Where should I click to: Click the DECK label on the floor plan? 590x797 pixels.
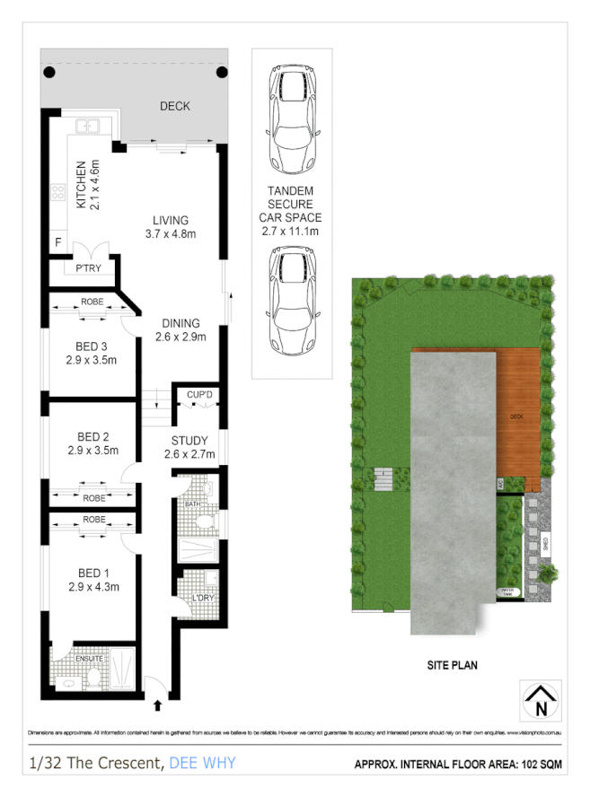pos(175,106)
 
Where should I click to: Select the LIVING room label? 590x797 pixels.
pos(171,220)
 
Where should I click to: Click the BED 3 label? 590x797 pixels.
pos(92,346)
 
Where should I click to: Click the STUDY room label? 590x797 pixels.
pos(189,441)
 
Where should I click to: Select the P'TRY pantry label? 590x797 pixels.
pos(88,268)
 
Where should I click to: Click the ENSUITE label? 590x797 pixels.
pos(90,658)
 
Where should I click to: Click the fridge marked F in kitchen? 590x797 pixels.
pos(58,242)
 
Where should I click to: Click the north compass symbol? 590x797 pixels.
pos(541,700)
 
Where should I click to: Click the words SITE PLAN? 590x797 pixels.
pos(451,665)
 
